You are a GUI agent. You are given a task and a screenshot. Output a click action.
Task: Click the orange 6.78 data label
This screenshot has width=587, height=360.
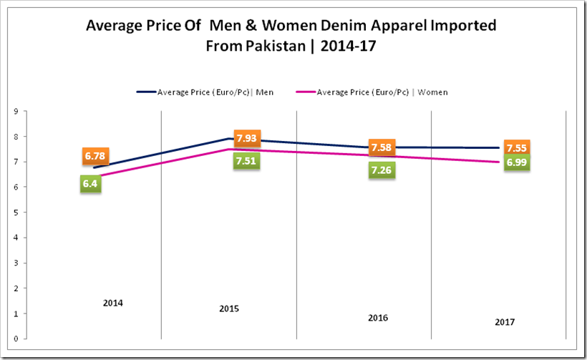tap(95, 156)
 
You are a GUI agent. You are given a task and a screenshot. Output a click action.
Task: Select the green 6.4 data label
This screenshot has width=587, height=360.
tap(90, 184)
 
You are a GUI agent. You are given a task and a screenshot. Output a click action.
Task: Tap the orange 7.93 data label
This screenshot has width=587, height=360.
tap(247, 138)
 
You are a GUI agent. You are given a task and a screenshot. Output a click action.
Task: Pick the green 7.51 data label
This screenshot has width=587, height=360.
tap(246, 160)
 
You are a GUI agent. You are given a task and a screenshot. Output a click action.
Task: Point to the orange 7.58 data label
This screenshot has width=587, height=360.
tap(381, 147)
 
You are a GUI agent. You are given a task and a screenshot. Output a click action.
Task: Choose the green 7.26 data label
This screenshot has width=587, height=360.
tap(381, 170)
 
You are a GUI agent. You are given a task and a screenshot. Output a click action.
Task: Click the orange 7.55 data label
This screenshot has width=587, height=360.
tap(515, 148)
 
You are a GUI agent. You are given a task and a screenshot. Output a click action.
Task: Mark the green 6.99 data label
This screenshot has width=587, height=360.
tap(515, 163)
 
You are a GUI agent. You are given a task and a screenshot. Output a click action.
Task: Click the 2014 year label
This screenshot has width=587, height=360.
tap(113, 303)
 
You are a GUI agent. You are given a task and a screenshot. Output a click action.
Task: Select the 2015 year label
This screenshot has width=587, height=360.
tap(229, 309)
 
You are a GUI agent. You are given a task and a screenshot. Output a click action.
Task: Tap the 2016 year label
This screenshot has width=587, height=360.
tap(378, 317)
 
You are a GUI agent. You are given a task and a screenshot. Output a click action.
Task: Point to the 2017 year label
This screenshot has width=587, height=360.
tap(504, 323)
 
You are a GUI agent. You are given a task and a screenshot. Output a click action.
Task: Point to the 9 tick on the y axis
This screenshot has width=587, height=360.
tap(15, 111)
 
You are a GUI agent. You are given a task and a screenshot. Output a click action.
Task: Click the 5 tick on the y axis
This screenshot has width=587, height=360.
tap(15, 212)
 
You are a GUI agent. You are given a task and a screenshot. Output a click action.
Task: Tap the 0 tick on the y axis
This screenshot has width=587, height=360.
tap(15, 339)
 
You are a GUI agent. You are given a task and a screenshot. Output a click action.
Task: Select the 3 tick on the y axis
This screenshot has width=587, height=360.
tap(15, 263)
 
